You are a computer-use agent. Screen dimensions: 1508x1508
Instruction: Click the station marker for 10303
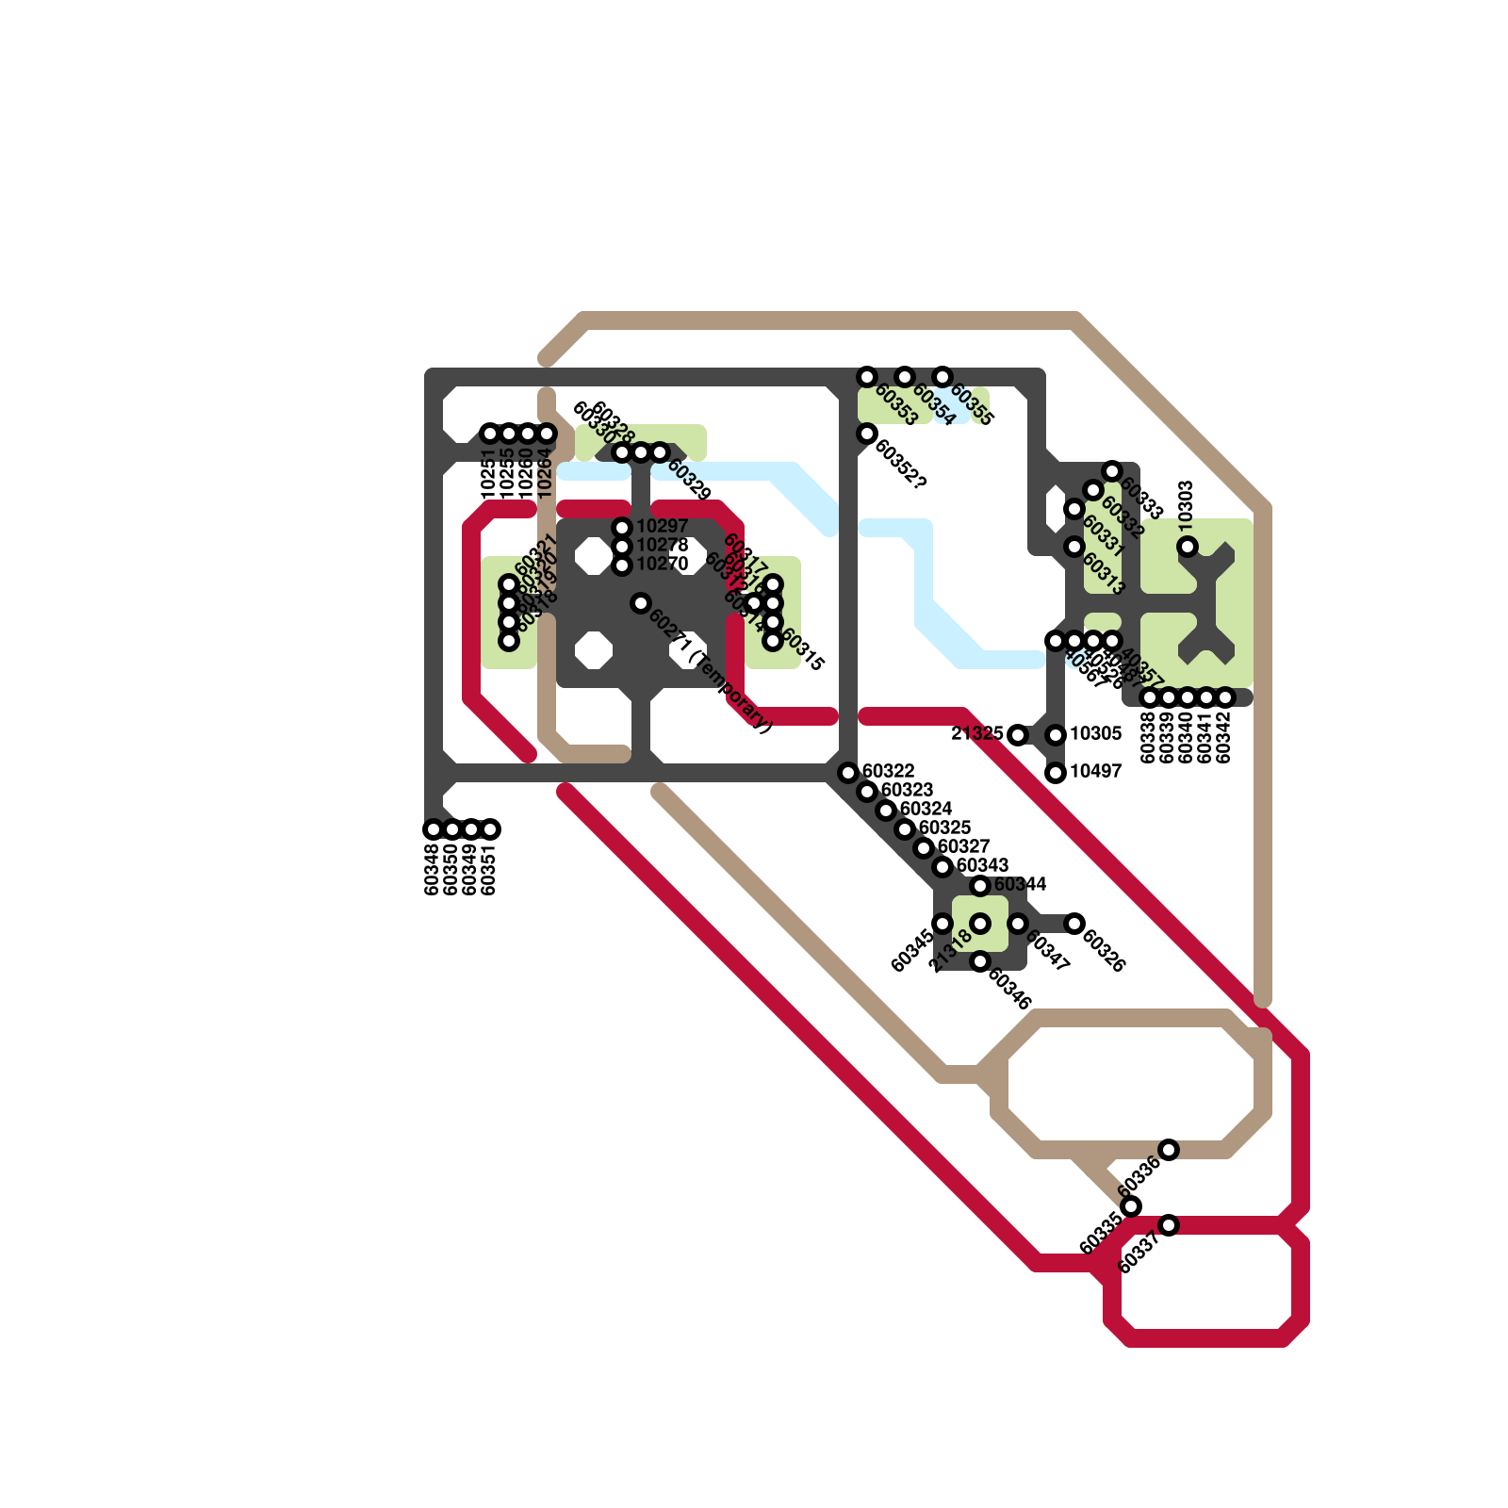[x=1188, y=547]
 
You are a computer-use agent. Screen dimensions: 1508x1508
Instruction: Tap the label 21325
[x=977, y=734]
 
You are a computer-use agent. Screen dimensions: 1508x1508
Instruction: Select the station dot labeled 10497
[x=1056, y=773]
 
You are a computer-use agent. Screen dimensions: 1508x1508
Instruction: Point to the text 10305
[x=1095, y=734]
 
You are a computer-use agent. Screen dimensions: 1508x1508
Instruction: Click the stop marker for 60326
[x=1074, y=924]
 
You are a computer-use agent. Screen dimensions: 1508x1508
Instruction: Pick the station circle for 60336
[x=1169, y=1150]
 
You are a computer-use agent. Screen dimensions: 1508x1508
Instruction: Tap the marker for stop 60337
[x=1169, y=1225]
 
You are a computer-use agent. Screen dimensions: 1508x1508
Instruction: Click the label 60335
[x=1101, y=1234]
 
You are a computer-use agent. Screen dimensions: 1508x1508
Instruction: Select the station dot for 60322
[x=848, y=773]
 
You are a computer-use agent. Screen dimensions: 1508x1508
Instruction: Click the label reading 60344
[x=1020, y=885]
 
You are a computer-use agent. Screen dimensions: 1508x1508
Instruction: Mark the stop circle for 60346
[x=980, y=961]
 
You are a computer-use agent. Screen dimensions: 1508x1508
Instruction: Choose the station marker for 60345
[x=942, y=924]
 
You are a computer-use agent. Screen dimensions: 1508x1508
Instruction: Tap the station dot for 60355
[x=942, y=377]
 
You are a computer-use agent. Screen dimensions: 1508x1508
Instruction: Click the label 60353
[x=895, y=405]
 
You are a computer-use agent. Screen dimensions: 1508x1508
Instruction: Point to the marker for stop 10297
[x=622, y=528]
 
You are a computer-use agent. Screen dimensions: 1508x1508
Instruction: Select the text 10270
[x=662, y=565]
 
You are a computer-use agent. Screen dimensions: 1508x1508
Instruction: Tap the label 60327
[x=963, y=847]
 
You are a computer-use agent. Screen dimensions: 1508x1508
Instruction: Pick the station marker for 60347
[x=1018, y=924]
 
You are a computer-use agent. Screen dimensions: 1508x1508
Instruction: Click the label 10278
[x=662, y=546]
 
